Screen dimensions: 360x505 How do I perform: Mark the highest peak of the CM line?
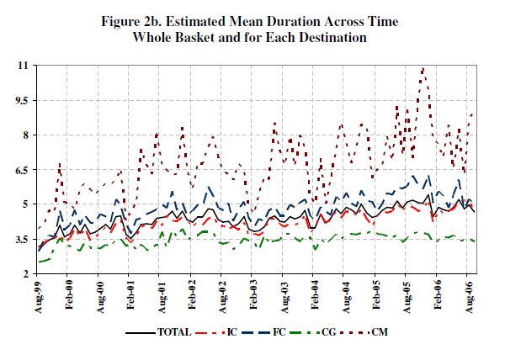[x=423, y=68]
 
